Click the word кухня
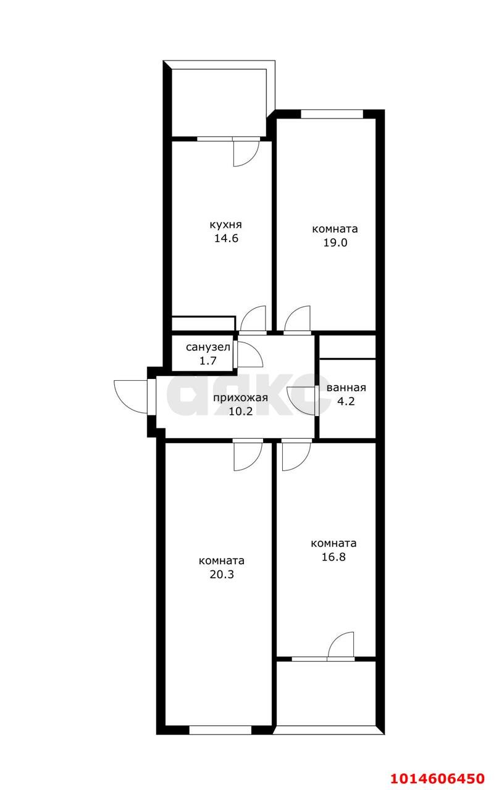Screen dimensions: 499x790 (226, 225)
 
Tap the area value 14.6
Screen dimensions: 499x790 (226, 238)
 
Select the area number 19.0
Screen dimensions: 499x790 (335, 243)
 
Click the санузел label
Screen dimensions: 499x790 (208, 347)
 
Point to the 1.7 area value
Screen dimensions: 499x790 (208, 361)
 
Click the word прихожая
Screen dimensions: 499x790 (240, 398)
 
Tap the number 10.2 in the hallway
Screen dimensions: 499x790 (240, 411)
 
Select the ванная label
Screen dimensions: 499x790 (346, 388)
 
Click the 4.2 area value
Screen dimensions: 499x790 (346, 401)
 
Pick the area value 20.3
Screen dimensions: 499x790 (222, 575)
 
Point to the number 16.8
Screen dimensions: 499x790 (333, 557)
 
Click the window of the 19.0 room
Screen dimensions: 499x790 (332, 114)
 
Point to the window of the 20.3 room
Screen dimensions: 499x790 (220, 730)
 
